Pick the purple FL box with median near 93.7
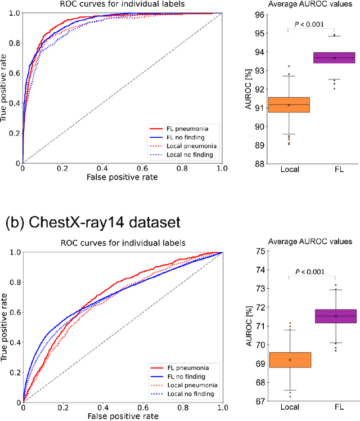pyautogui.click(x=335, y=58)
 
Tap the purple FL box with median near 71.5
pyautogui.click(x=335, y=316)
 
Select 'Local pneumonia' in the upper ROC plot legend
pyautogui.click(x=186, y=146)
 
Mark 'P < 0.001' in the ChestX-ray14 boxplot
pyautogui.click(x=312, y=272)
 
